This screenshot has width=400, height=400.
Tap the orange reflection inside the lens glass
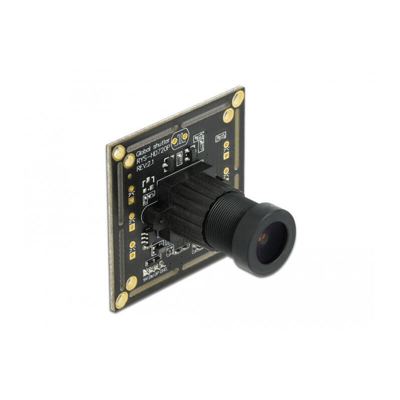pos(262,238)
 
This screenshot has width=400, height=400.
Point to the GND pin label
pos(163,270)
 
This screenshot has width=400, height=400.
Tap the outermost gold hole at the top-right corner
pos(238,98)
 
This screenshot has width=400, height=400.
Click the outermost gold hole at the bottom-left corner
pos(121,300)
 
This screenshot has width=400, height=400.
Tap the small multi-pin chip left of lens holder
pos(145,241)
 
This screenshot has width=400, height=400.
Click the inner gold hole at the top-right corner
pos(228,115)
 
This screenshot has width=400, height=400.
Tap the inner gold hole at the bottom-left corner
pos(131,283)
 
